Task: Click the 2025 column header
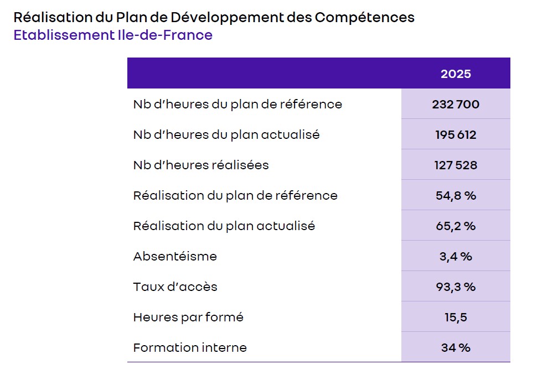[456, 74]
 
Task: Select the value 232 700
[456, 104]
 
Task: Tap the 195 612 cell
[456, 134]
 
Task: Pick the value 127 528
[456, 165]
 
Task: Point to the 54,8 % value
[456, 195]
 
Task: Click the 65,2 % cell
[456, 226]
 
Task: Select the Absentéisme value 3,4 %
[456, 256]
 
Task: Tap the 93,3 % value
[456, 287]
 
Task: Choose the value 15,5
[456, 317]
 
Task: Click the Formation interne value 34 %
[456, 347]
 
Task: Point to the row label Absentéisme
[175, 256]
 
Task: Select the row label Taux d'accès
[175, 287]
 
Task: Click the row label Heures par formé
[188, 317]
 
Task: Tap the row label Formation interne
[190, 347]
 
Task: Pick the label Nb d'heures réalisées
[201, 165]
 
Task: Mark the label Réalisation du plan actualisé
[224, 226]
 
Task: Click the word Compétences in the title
[364, 17]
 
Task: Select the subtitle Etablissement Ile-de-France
[113, 35]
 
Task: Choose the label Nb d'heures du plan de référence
[237, 104]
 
